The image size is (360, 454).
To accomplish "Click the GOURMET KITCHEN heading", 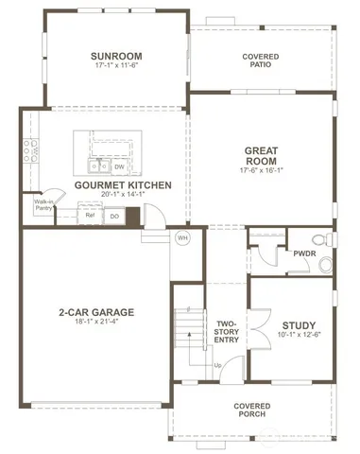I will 123,185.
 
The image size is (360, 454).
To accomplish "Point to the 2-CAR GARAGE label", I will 96,311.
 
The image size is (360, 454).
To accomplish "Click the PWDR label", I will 303,253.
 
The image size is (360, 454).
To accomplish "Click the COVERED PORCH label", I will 252,410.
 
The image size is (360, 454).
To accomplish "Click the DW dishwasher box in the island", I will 119,166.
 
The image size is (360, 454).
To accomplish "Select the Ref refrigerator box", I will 91,215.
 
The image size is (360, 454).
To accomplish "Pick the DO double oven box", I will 113,216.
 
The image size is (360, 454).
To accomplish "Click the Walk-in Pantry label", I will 43,205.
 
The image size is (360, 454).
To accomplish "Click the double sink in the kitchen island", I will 96,166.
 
